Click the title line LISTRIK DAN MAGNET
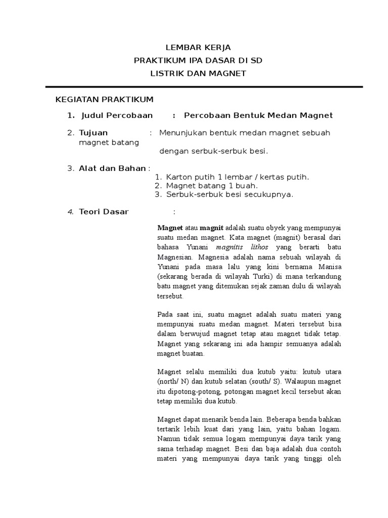[x=198, y=73]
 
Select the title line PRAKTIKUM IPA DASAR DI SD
[x=198, y=61]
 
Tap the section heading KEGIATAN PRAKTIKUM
[x=104, y=99]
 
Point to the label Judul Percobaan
[x=117, y=115]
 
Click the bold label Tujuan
[x=93, y=133]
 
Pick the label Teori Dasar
[x=104, y=211]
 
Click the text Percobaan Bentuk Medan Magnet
[x=258, y=115]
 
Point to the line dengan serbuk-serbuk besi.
[x=214, y=151]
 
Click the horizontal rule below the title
[x=204, y=87]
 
